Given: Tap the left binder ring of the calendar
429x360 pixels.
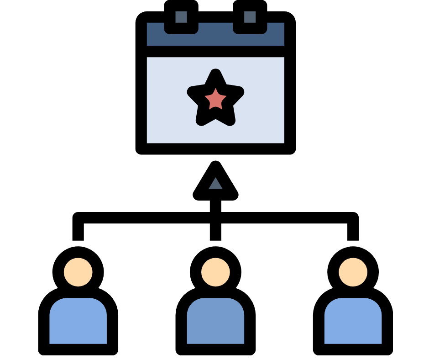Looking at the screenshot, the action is click(x=181, y=17).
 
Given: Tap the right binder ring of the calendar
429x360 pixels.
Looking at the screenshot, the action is click(x=250, y=17).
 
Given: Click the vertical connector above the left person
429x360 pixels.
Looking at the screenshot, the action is click(x=78, y=231).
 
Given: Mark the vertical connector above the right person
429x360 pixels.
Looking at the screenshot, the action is click(x=353, y=231).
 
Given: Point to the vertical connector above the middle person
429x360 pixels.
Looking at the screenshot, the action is click(x=215, y=231).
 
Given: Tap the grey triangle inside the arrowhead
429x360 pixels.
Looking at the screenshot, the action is click(x=215, y=184).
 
